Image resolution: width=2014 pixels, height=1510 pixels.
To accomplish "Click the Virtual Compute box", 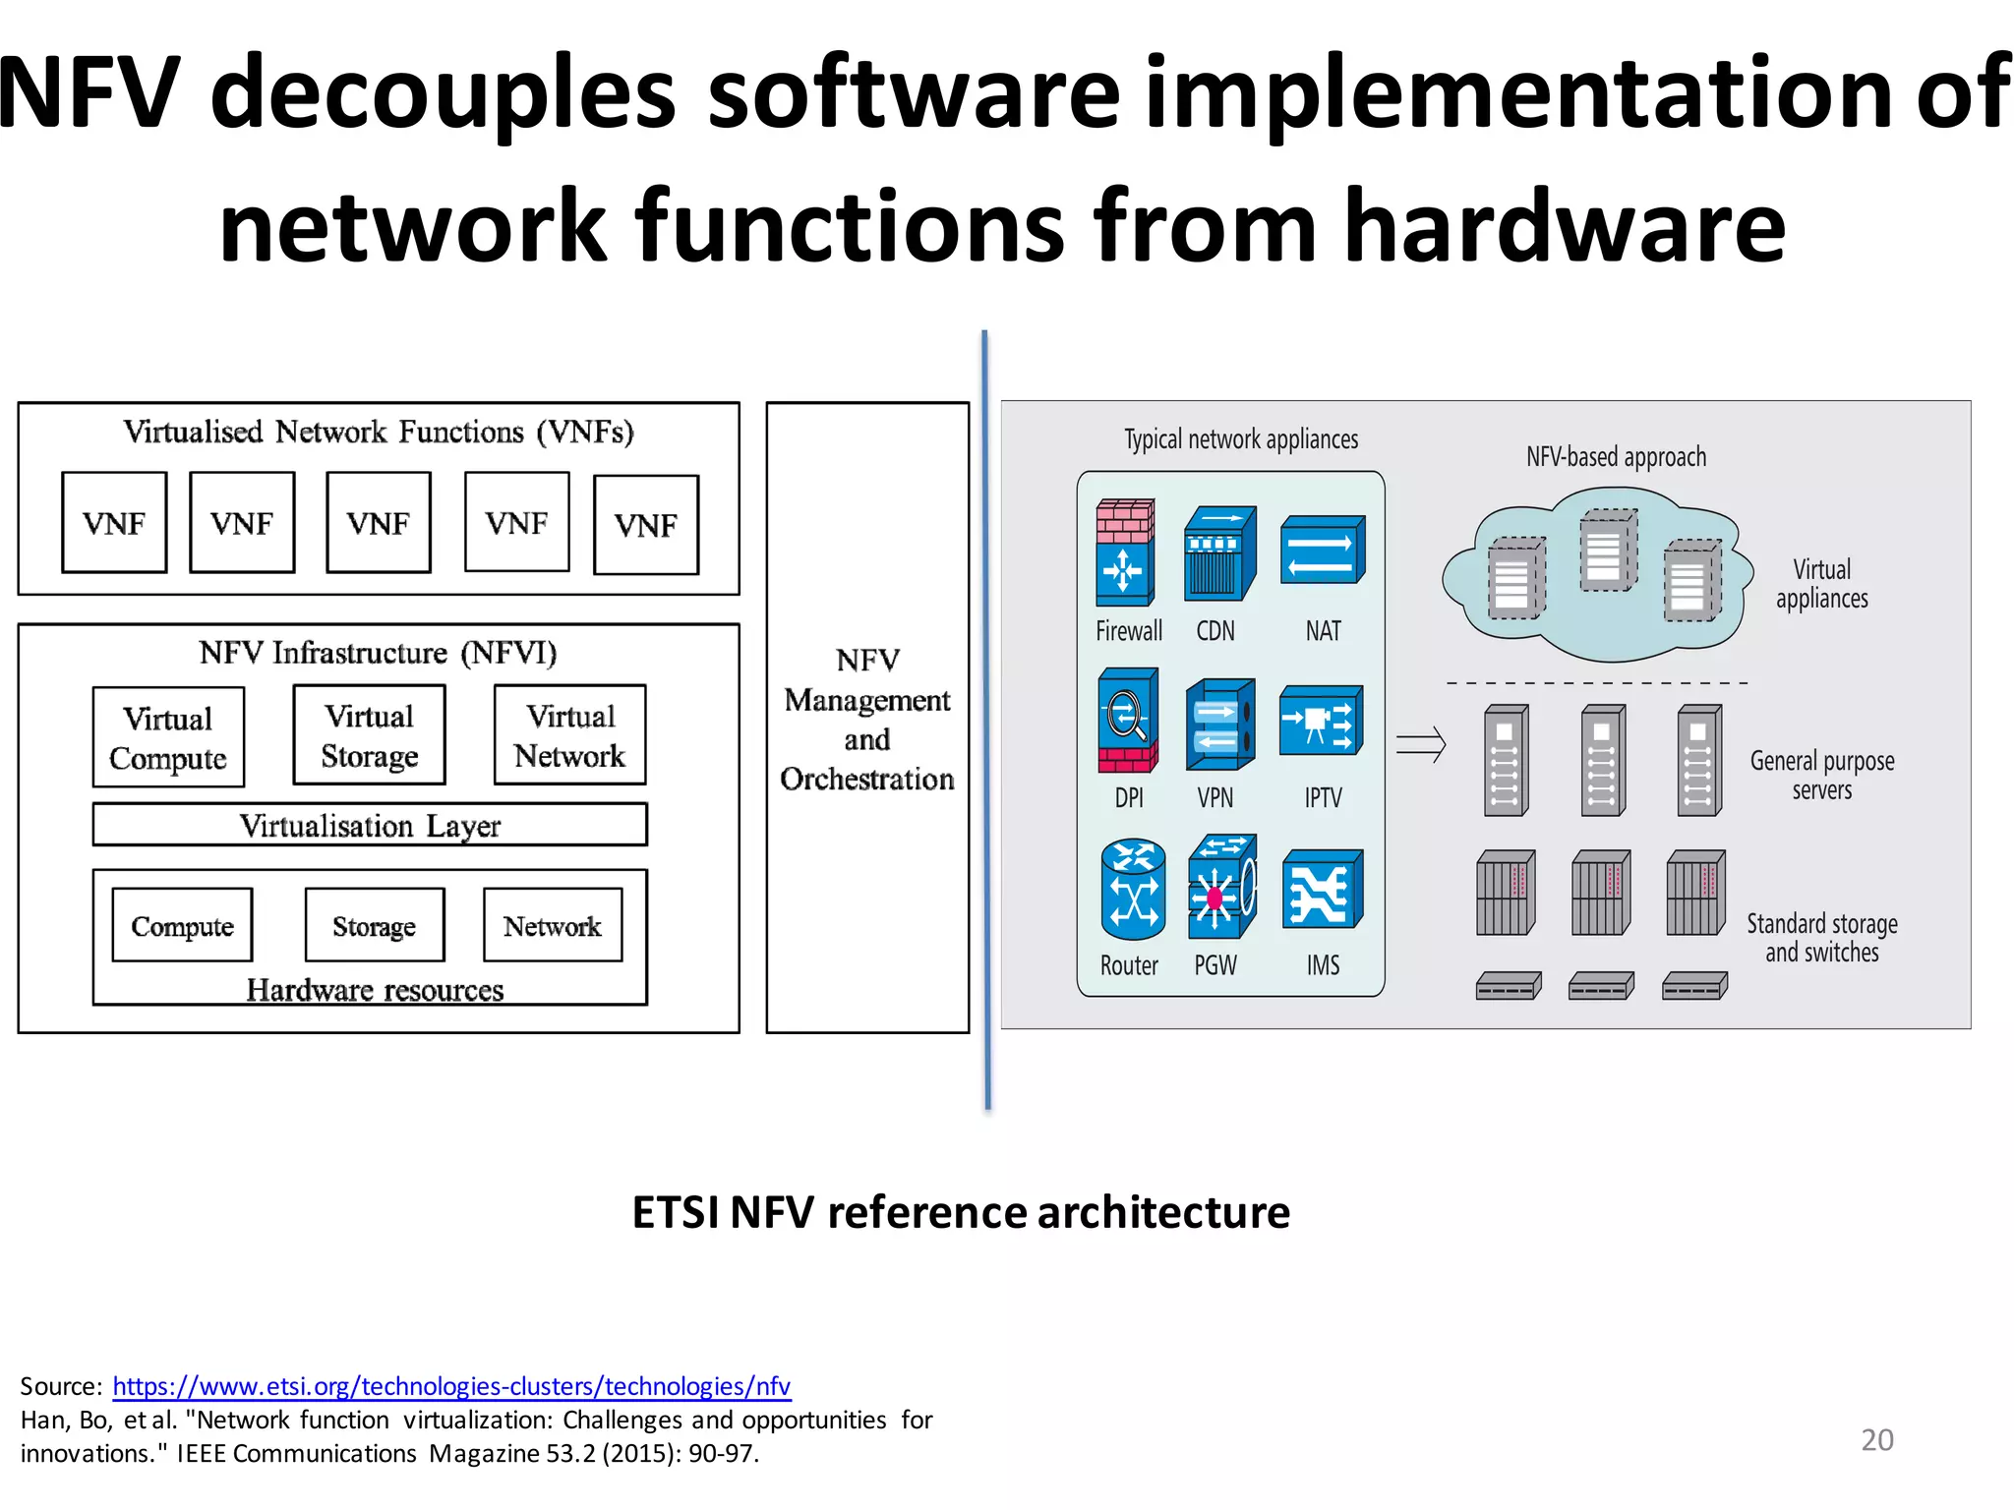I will [x=168, y=737].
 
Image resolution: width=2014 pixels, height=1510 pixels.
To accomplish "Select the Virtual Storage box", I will [x=370, y=735].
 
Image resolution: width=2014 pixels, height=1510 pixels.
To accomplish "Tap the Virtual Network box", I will [x=570, y=735].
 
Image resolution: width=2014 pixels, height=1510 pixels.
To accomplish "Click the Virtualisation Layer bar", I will [x=370, y=825].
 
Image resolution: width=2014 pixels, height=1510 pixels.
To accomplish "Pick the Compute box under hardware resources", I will [x=183, y=925].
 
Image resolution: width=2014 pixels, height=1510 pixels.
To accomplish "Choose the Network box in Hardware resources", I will [x=553, y=925].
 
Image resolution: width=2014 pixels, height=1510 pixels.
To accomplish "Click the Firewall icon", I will [x=1125, y=552].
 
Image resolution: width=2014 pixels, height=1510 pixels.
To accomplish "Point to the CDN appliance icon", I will [x=1219, y=552].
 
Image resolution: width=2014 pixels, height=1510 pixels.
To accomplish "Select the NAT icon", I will [x=1323, y=551].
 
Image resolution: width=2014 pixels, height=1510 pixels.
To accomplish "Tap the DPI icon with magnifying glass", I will [x=1127, y=721].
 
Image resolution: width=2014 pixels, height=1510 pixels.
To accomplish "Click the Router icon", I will [x=1133, y=889].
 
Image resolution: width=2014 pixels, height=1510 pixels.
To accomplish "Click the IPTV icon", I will [x=1321, y=721].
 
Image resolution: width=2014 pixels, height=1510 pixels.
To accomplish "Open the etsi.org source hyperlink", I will [x=451, y=1386].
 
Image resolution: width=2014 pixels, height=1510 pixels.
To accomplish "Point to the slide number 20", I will [x=1877, y=1439].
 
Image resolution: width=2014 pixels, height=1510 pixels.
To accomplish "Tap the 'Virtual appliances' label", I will [x=1821, y=584].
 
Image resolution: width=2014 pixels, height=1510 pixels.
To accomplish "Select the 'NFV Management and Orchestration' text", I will [x=867, y=719].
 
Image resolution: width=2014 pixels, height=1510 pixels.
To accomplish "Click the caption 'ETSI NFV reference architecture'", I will [x=961, y=1212].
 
